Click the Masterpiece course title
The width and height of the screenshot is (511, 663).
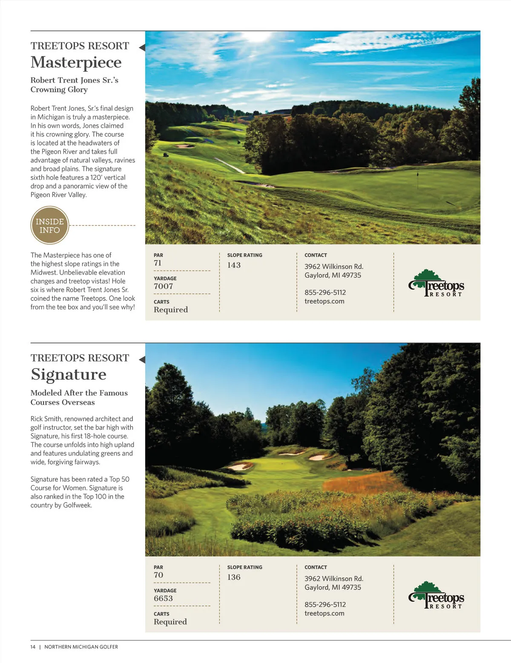pyautogui.click(x=76, y=63)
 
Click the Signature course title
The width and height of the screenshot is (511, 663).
pyautogui.click(x=69, y=374)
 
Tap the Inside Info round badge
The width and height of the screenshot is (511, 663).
pyautogui.click(x=50, y=226)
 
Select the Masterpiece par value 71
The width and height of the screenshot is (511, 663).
pyautogui.click(x=158, y=263)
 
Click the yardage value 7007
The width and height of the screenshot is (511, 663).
pyautogui.click(x=164, y=286)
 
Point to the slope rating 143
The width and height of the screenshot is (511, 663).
pyautogui.click(x=234, y=265)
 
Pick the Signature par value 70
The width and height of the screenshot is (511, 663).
pyautogui.click(x=158, y=575)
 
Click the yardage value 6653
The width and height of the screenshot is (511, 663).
pyautogui.click(x=164, y=598)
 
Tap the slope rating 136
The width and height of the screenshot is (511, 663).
pyautogui.click(x=234, y=577)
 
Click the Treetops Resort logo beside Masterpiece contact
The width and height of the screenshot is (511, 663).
pyautogui.click(x=436, y=283)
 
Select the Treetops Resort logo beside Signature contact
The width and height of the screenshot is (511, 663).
pyautogui.click(x=436, y=595)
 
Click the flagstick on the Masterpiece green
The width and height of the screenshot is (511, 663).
pyautogui.click(x=418, y=175)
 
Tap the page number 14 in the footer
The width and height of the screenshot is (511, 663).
pyautogui.click(x=33, y=647)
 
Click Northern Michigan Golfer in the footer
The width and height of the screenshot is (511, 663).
pyautogui.click(x=81, y=647)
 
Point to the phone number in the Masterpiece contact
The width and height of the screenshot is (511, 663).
pyautogui.click(x=325, y=292)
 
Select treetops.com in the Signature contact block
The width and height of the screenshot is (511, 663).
pyautogui.click(x=324, y=613)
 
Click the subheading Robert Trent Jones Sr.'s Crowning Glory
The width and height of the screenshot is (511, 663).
pyautogui.click(x=74, y=85)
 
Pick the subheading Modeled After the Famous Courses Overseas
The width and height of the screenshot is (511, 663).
pyautogui.click(x=79, y=397)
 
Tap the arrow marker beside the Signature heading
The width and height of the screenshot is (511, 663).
pyautogui.click(x=142, y=360)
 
